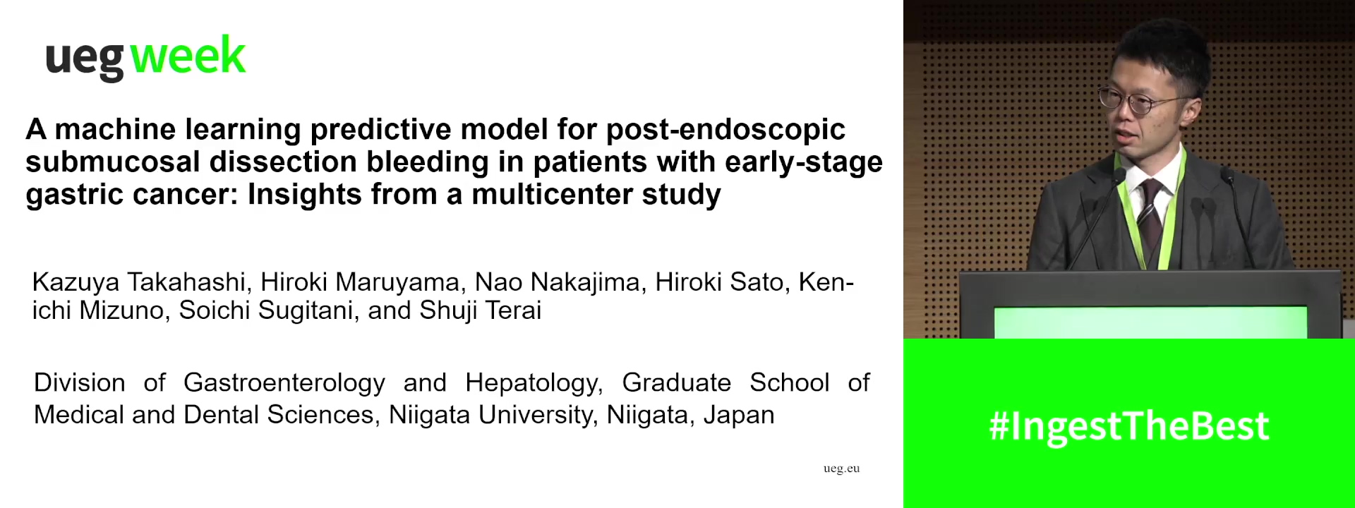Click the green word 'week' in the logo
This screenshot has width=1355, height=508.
(x=188, y=56)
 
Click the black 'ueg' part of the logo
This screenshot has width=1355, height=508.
(x=85, y=60)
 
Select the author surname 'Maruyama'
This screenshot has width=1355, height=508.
(x=397, y=282)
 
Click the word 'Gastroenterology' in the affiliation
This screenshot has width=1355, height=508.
(x=284, y=383)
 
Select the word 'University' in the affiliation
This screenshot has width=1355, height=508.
(x=536, y=415)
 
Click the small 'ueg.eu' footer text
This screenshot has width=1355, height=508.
(x=841, y=468)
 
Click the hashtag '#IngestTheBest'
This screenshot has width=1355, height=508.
(x=1129, y=426)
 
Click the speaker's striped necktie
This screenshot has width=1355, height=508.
(x=1150, y=212)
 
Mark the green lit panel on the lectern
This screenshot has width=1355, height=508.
(x=1150, y=322)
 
